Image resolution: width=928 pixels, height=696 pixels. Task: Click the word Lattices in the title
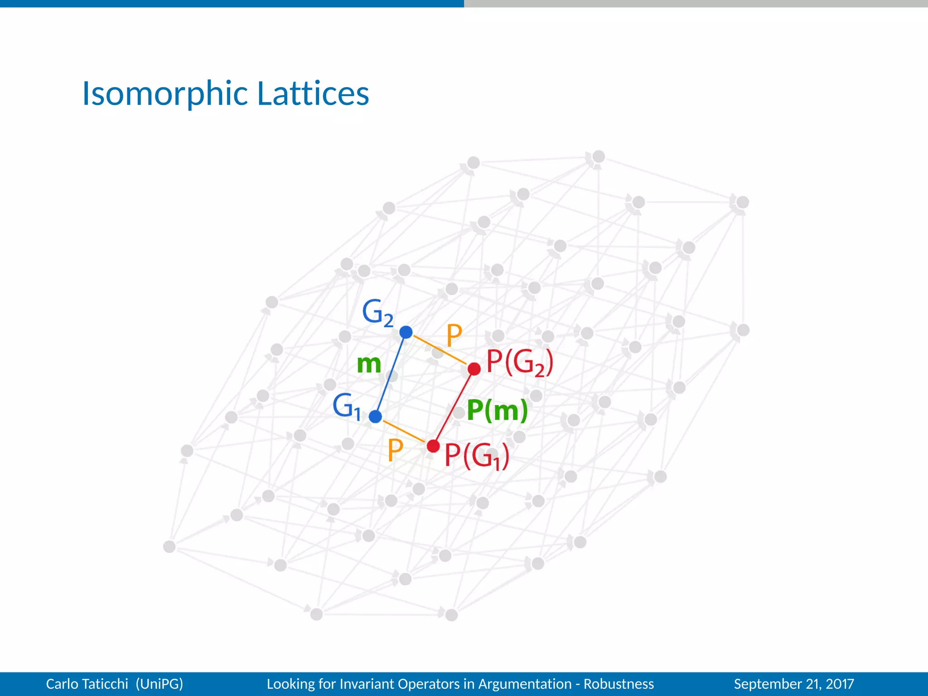(313, 94)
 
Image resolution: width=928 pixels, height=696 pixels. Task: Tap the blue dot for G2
(406, 332)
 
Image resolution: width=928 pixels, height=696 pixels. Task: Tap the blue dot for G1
(375, 416)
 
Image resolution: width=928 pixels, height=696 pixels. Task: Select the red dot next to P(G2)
(474, 369)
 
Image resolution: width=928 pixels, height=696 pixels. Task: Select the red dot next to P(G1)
(433, 446)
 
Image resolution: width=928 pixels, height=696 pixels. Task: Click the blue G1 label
(347, 406)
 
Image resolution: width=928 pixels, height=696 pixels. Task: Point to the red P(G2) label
(519, 362)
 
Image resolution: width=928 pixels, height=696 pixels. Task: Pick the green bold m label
(369, 364)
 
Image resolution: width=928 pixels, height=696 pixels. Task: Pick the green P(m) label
(497, 410)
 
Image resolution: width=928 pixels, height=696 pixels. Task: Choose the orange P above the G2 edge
(454, 335)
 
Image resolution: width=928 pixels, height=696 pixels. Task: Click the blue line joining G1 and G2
(391, 374)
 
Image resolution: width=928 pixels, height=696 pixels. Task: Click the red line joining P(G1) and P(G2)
(454, 408)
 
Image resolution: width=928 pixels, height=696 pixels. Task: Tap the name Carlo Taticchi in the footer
(87, 684)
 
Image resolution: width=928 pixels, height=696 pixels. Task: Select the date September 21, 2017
(794, 684)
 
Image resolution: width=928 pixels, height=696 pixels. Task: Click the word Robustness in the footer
(619, 684)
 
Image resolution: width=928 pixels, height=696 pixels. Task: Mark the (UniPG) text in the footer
(159, 684)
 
